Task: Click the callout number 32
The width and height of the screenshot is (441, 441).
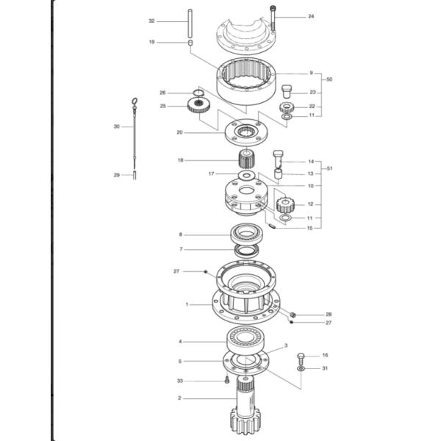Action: [x=151, y=21]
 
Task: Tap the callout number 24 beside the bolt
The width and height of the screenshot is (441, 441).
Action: [x=310, y=15]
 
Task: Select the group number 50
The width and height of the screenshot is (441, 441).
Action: [x=329, y=79]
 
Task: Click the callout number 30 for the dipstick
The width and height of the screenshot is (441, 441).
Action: [x=116, y=126]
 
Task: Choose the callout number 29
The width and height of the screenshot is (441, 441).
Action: [x=116, y=175]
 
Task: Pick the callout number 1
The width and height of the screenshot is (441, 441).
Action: [x=187, y=304]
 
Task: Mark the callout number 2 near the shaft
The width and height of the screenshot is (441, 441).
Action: [x=179, y=398]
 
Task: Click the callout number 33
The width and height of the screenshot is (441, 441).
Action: [x=179, y=381]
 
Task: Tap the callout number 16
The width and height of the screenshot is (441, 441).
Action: [x=324, y=355]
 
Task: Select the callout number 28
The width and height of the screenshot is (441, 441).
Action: [x=329, y=314]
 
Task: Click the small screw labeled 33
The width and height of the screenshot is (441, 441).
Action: [x=228, y=381]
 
